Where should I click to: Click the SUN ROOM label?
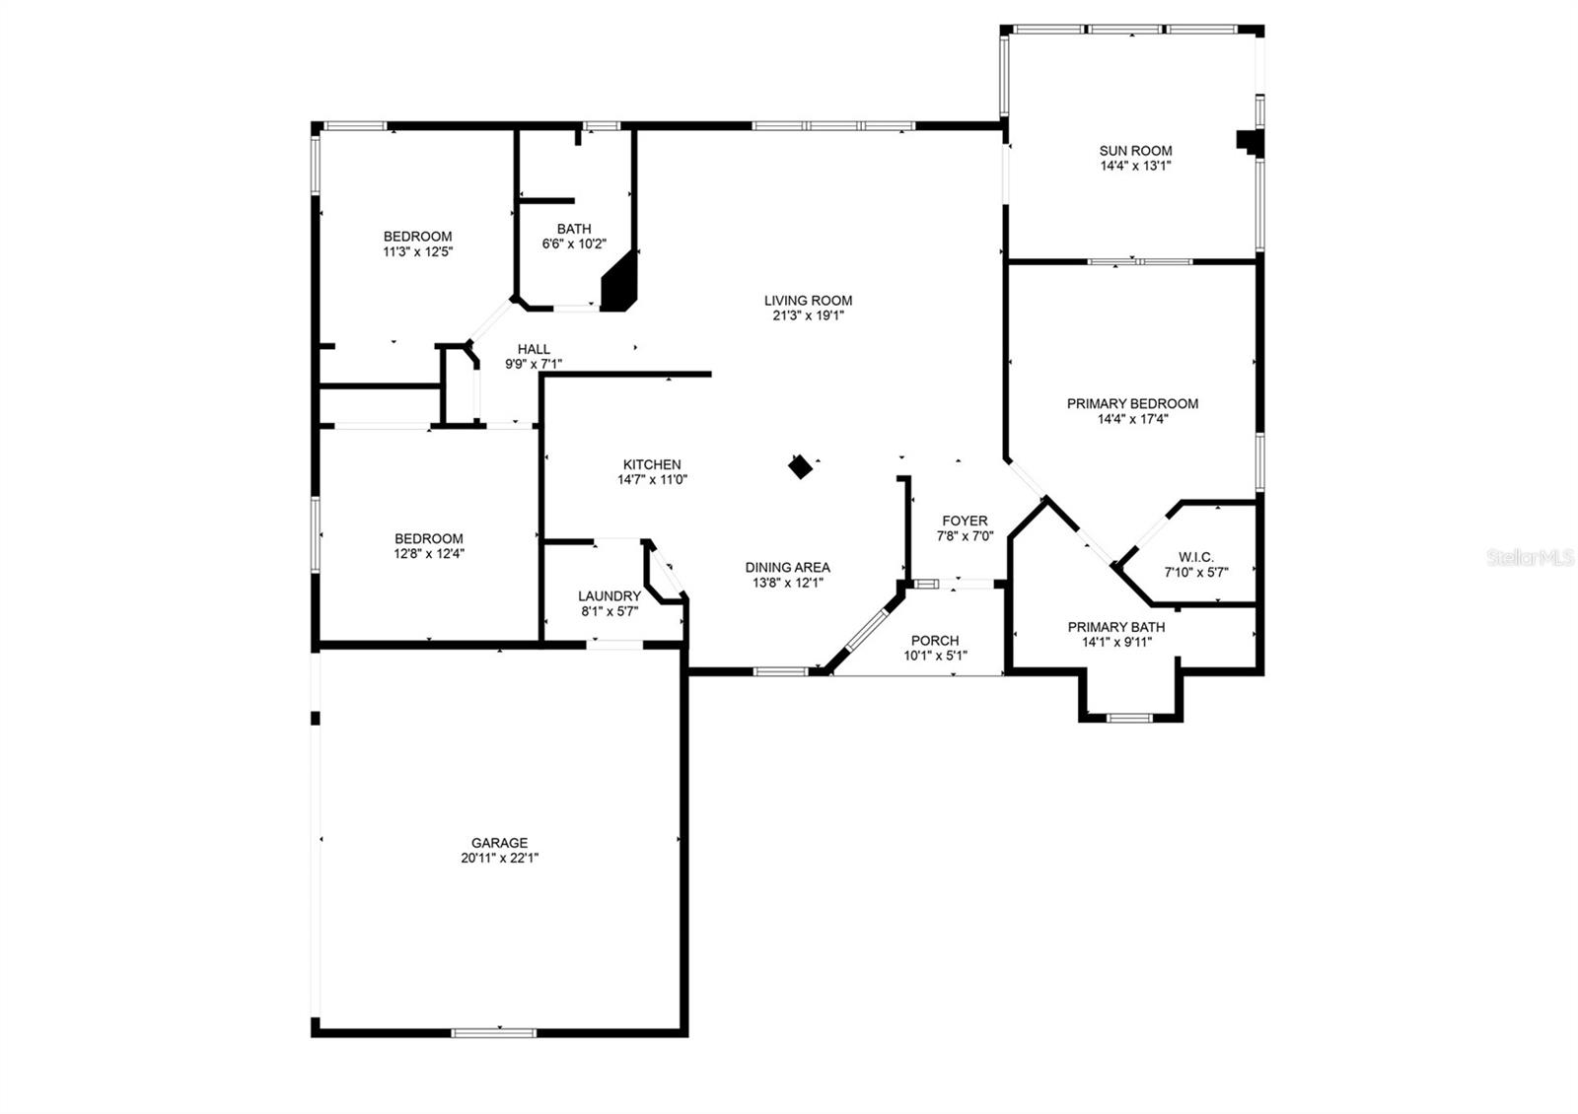coord(1135,151)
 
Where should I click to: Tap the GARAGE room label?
coord(499,843)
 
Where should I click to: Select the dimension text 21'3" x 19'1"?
coord(808,315)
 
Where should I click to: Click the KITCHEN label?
coord(652,464)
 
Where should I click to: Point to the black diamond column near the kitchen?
coord(801,466)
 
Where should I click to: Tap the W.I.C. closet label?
coord(1195,557)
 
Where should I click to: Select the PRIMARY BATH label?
coord(1115,627)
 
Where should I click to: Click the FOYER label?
coord(964,521)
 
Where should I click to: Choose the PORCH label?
coord(934,641)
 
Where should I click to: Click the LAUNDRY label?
coord(610,595)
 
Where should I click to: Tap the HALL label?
coord(534,349)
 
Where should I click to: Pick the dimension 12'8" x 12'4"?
coord(429,554)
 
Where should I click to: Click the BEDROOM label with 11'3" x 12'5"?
coord(417,237)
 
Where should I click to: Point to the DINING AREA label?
coord(787,567)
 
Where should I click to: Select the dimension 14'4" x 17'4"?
coord(1133,418)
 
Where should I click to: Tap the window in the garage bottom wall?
coord(494,1032)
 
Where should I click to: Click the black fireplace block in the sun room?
coord(1250,142)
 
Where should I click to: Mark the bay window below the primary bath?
coord(1130,718)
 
